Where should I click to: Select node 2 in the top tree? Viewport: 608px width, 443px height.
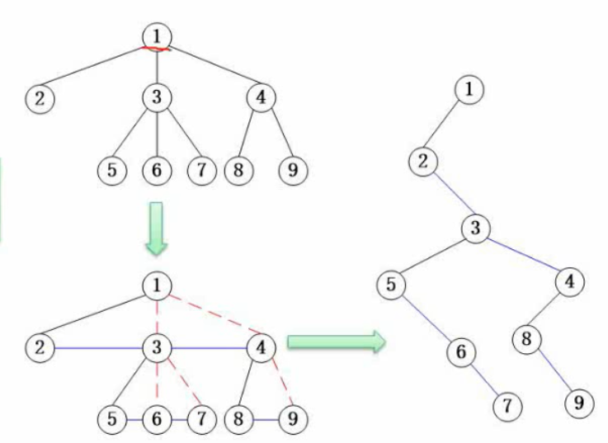point(39,99)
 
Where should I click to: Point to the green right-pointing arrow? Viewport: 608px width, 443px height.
point(337,342)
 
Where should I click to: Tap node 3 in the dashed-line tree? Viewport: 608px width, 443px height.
point(156,347)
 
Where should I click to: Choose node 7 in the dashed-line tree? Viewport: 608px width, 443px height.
point(200,418)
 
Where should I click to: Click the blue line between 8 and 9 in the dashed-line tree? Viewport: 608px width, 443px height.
point(264,418)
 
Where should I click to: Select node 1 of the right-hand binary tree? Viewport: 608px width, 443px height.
point(469,88)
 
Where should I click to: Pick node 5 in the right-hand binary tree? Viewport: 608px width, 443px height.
point(391,285)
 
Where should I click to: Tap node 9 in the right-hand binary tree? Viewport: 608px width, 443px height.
point(579,403)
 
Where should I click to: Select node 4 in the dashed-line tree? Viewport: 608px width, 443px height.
point(261,347)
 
